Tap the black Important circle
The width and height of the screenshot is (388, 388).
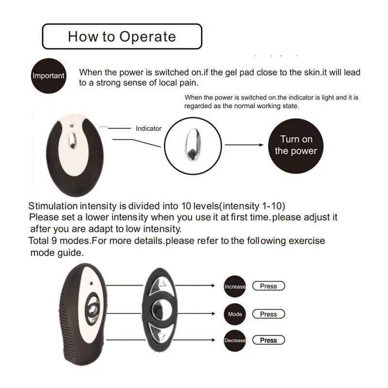[x=48, y=76]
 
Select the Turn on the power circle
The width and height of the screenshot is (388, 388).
[x=296, y=146]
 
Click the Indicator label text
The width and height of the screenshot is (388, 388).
[x=148, y=129]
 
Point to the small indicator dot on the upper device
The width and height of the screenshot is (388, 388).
[x=72, y=126]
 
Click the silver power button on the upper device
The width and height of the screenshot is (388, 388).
[x=72, y=141]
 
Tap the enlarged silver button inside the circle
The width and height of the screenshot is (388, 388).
[x=193, y=145]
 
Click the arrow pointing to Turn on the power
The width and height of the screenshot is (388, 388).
[x=244, y=145]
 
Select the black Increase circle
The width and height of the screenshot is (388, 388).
[x=235, y=286]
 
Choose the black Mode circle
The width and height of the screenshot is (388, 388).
[x=235, y=314]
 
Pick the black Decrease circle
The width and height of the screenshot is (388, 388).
[x=235, y=340]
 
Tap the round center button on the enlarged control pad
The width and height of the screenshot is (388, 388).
[x=160, y=309]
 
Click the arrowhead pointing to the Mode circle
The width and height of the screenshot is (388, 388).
[x=213, y=313]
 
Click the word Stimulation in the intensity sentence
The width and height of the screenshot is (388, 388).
[x=53, y=206]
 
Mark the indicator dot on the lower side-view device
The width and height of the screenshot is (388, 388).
[x=91, y=283]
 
